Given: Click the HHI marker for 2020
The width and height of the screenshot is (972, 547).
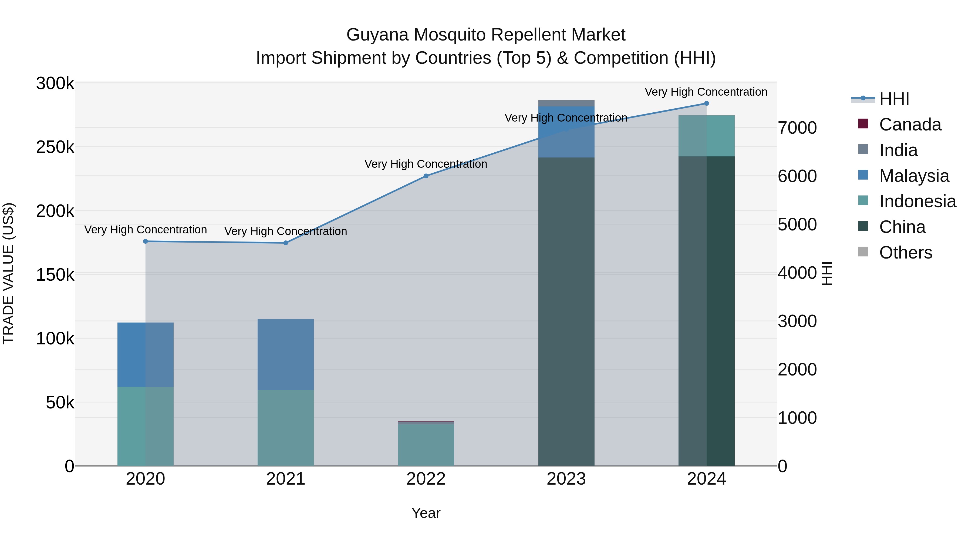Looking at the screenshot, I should pos(145,241).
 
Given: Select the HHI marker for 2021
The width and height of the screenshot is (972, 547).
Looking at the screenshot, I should pos(286,243).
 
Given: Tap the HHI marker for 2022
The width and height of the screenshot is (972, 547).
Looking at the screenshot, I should pos(426,176).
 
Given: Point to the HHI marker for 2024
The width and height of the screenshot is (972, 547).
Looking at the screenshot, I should pos(706,103).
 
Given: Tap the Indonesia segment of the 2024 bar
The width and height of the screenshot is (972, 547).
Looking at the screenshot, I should pos(706,136).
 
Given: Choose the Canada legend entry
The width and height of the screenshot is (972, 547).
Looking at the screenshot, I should pos(910,125).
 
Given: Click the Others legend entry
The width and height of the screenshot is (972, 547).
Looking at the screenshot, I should pos(905,253).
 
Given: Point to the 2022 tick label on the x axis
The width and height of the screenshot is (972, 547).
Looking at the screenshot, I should pos(426,479).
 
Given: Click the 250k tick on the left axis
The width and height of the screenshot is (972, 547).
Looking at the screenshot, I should pos(55,147).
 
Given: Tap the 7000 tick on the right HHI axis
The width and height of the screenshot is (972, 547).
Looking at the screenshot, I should pos(797,128).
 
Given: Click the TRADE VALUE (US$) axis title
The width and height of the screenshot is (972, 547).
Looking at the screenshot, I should pos(8,273).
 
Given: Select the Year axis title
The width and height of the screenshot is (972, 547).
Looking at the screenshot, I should pos(426,513).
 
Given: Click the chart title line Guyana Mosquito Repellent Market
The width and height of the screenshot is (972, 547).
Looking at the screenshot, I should pos(486,35).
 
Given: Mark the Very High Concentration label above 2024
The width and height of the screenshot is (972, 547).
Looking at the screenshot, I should pos(706,92).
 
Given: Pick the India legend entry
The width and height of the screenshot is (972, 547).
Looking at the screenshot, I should pos(898,150).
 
